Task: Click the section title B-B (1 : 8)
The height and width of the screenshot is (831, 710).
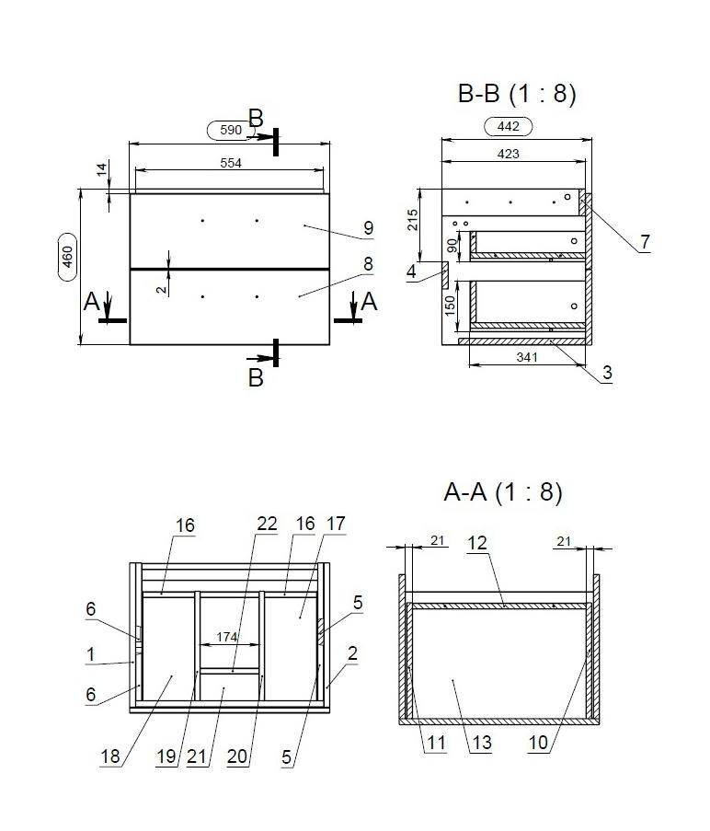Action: click(517, 94)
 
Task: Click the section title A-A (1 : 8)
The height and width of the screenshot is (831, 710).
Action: click(503, 492)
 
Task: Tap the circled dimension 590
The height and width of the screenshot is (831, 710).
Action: click(230, 131)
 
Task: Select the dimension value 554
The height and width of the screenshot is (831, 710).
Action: click(231, 163)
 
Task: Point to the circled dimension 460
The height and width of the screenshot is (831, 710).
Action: click(67, 257)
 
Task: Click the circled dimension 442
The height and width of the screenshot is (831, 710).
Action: click(509, 127)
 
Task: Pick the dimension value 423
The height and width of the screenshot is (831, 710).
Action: click(509, 155)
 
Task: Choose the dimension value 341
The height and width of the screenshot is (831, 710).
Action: click(527, 358)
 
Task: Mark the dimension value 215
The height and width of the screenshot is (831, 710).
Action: click(412, 221)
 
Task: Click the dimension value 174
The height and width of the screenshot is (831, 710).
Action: click(226, 637)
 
